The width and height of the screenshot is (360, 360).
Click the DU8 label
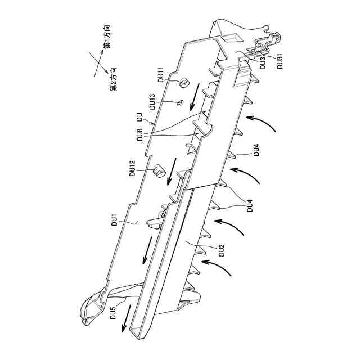click(x=139, y=136)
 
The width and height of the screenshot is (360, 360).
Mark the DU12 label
click(x=132, y=169)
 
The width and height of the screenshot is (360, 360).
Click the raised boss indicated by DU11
click(x=183, y=83)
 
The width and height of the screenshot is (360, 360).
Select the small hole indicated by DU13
click(x=181, y=102)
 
